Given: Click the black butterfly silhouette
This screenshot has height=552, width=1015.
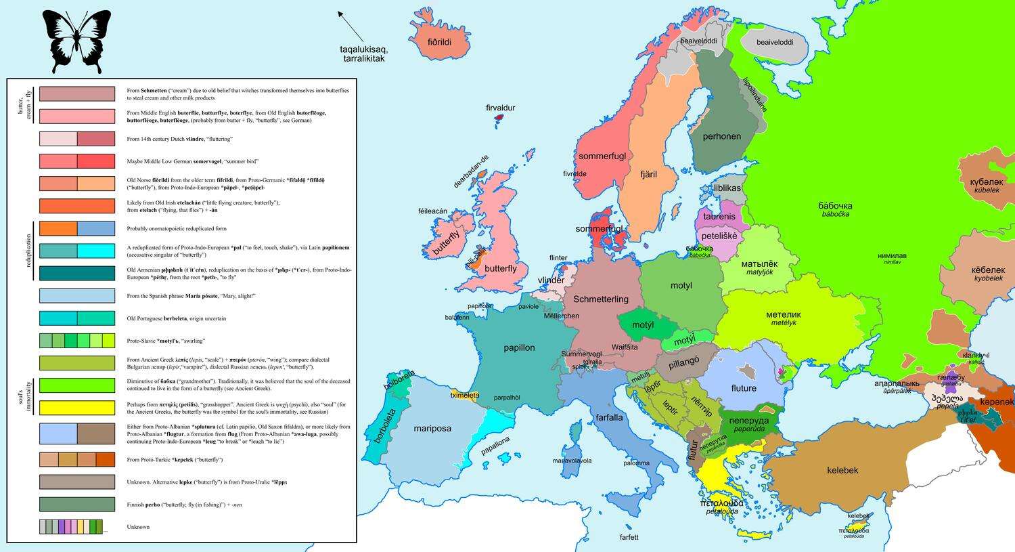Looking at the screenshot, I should pos(76,41).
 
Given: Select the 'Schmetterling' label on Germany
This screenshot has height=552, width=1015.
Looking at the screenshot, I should pos(601,299).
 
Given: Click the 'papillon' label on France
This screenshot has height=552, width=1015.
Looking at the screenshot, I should pos(519,347).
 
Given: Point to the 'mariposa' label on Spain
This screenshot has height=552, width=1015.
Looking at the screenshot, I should pos(432,428).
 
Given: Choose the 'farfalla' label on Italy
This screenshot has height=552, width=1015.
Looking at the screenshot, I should pos(609,417).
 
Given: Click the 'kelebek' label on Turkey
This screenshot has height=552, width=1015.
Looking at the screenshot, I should pos(842,470).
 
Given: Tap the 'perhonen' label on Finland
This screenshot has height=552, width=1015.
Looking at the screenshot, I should pos(721,136).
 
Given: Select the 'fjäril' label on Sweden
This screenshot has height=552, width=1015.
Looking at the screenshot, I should pos(648,174).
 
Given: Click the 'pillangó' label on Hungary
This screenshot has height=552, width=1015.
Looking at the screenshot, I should pos(683,363).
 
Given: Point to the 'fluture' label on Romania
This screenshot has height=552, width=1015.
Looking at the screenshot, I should pos(743,388).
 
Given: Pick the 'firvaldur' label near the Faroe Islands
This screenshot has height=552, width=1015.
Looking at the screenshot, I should pos(500,108).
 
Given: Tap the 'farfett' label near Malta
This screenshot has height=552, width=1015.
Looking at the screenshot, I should pos(629,537).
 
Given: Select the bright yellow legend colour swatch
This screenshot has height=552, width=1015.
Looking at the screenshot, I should pos(77,408).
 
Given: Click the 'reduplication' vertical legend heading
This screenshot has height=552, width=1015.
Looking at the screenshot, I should pos(28,251).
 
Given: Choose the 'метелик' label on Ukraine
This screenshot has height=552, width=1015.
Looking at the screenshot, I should pos(783,314).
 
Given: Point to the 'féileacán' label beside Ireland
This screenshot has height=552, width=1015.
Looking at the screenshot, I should pos(432,211).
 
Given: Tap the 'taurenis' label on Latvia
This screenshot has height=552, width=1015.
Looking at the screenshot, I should pos(719,217).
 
